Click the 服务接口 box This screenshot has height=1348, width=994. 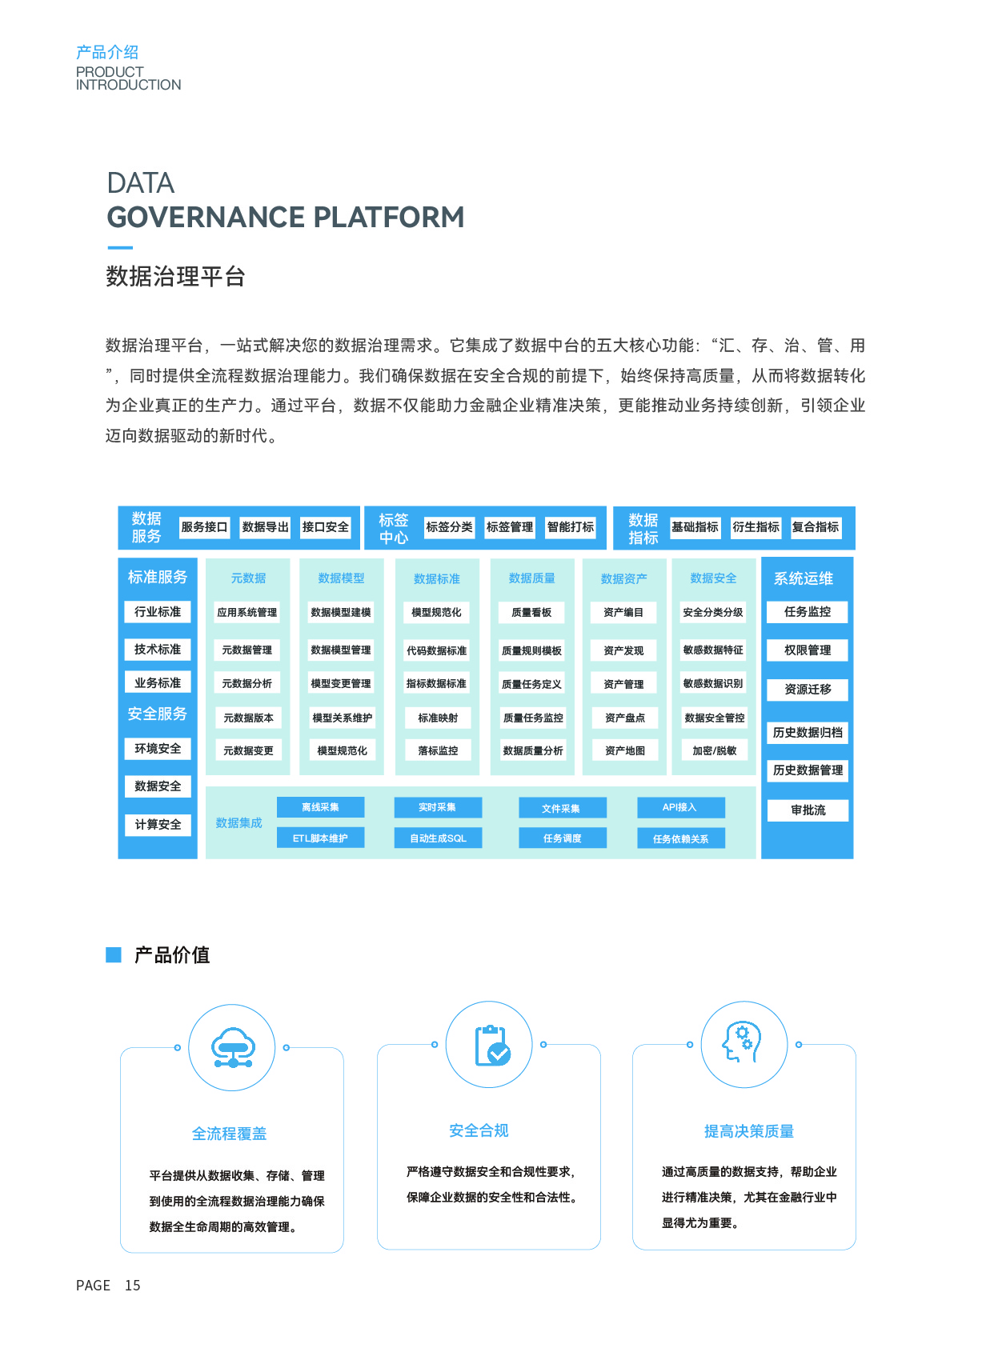point(204,527)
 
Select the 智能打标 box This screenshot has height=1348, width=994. point(571,527)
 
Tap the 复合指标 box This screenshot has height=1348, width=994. point(816,527)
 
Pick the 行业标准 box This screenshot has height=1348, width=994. point(158,612)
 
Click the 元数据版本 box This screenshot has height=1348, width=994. point(248,718)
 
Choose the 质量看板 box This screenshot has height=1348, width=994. point(531,613)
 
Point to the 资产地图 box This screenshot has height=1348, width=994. point(625,750)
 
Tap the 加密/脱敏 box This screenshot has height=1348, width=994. point(714,750)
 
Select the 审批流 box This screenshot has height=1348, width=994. point(808,810)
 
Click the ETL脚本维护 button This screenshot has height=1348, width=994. point(320,838)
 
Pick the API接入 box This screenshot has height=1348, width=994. point(680,808)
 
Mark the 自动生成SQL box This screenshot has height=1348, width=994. point(438,838)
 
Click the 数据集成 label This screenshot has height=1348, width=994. point(238,823)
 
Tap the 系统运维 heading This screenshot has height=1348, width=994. point(804,578)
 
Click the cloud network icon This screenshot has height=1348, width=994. point(232,1047)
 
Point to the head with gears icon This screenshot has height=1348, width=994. point(743,1043)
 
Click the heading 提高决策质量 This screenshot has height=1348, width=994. point(748,1131)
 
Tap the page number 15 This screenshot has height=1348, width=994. point(132,1286)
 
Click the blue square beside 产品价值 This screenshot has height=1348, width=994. point(114,954)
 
